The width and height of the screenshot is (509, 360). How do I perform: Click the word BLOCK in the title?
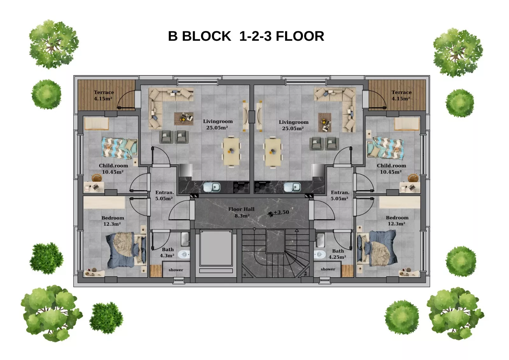(206, 36)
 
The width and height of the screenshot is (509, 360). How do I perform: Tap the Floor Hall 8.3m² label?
(241, 212)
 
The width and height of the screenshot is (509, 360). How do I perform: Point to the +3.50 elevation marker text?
(281, 212)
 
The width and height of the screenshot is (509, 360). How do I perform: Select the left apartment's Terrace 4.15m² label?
(104, 95)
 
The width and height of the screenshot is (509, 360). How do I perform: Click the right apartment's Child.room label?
(391, 166)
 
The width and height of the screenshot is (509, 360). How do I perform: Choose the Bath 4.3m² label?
(167, 253)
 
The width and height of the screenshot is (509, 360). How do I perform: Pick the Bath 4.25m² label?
(338, 254)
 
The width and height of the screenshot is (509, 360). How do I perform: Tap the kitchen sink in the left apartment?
(212, 187)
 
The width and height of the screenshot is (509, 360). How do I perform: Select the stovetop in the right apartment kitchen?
(262, 187)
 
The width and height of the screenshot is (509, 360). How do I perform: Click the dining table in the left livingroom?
(231, 152)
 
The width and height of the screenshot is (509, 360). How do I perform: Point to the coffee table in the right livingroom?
(324, 122)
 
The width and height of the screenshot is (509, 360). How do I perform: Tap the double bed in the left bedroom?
(126, 249)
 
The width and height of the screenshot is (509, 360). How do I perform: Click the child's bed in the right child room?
(385, 148)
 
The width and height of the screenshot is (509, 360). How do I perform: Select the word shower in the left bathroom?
(176, 270)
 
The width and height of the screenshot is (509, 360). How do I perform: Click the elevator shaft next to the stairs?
(216, 248)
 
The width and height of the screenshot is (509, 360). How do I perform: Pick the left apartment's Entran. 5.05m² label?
(164, 195)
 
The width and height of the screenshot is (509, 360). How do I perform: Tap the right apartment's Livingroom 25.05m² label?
(294, 125)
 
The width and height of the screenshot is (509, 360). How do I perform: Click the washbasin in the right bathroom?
(320, 240)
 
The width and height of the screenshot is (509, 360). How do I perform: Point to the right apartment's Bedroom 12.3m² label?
(397, 221)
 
